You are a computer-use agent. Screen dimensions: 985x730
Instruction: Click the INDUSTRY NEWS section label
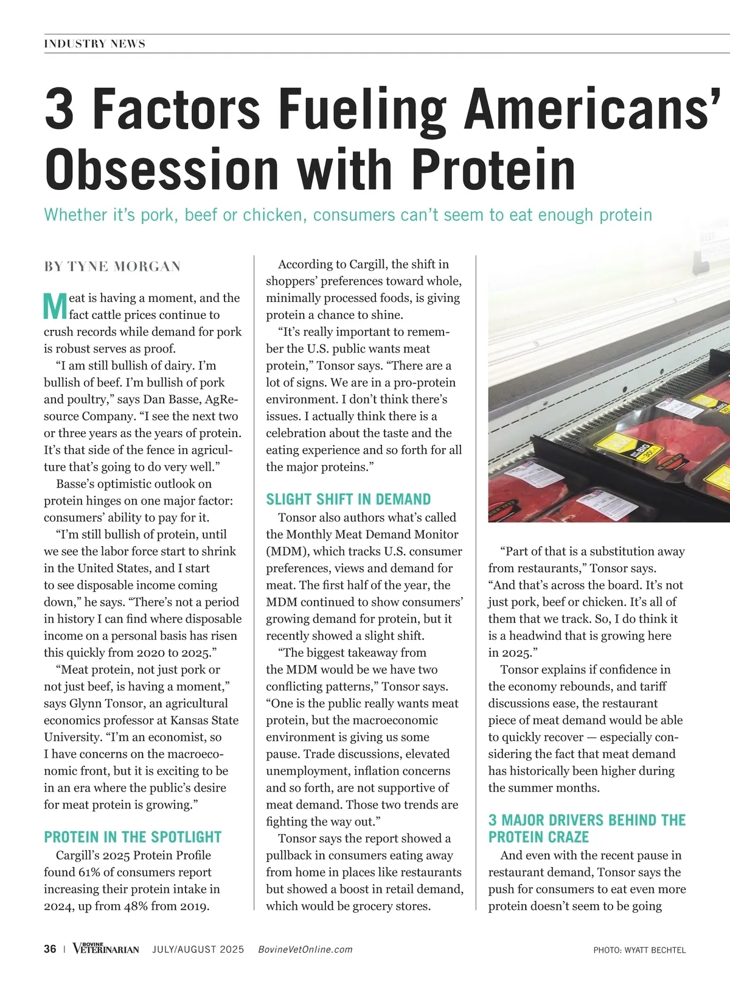pos(94,44)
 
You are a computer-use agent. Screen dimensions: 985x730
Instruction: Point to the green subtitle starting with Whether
pos(348,215)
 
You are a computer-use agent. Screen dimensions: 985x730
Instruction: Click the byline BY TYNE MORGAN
pos(112,267)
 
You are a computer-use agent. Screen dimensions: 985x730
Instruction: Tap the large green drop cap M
pos(55,306)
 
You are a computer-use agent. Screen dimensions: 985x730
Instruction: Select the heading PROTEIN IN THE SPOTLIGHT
pos(133,837)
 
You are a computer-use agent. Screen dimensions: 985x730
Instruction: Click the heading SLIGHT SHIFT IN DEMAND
pos(348,500)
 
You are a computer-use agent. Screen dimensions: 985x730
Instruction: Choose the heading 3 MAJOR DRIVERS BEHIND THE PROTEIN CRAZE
pos(586,829)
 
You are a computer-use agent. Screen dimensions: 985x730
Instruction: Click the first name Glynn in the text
pos(85,703)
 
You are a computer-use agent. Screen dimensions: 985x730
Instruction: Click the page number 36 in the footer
pos(50,950)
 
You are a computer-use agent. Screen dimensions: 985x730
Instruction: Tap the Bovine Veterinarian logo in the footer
pos(105,949)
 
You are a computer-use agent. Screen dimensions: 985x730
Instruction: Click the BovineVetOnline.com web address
pos(305,950)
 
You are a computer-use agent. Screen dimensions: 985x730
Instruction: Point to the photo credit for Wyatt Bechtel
pos(639,950)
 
